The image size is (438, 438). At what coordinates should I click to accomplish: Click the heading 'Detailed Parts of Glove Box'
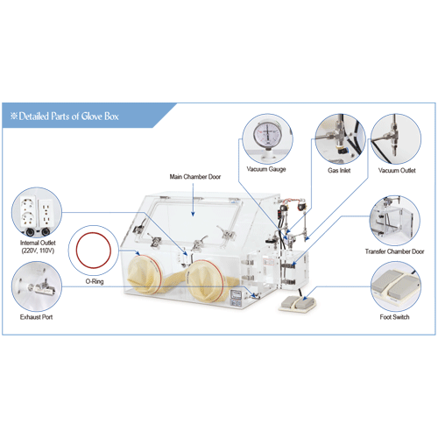pyautogui.click(x=68, y=117)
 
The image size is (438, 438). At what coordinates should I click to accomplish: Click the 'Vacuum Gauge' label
pyautogui.click(x=266, y=169)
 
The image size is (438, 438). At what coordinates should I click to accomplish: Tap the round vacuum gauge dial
pyautogui.click(x=267, y=134)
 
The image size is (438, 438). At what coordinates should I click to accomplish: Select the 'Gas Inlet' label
pyautogui.click(x=339, y=170)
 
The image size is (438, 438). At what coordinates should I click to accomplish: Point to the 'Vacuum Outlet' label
pyautogui.click(x=397, y=170)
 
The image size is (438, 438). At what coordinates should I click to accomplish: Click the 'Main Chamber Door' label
pyautogui.click(x=195, y=177)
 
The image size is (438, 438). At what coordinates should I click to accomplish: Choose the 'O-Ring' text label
pyautogui.click(x=95, y=281)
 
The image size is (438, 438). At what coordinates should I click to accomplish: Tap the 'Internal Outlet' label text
pyautogui.click(x=38, y=243)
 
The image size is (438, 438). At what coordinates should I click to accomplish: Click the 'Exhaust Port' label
pyautogui.click(x=36, y=317)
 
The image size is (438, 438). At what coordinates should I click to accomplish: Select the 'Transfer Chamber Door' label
pyautogui.click(x=394, y=251)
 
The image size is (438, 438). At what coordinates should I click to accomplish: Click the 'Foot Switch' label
pyautogui.click(x=394, y=317)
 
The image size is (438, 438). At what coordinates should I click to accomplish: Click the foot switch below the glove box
pyautogui.click(x=297, y=304)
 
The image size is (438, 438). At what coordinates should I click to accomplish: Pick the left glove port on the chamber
pyautogui.click(x=145, y=273)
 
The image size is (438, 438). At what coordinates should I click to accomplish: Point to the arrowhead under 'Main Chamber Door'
pyautogui.click(x=193, y=214)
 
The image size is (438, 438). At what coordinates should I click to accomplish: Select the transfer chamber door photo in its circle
pyautogui.click(x=395, y=221)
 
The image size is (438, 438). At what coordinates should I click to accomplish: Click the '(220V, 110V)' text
pyautogui.click(x=38, y=251)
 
